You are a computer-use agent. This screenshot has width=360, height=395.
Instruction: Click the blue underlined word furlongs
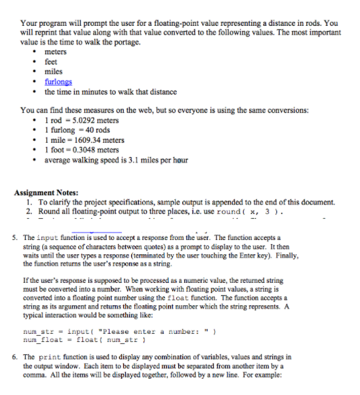point(59,82)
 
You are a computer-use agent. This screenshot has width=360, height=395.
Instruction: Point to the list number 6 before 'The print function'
point(16,356)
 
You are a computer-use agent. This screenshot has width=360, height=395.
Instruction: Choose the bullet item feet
point(52,62)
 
